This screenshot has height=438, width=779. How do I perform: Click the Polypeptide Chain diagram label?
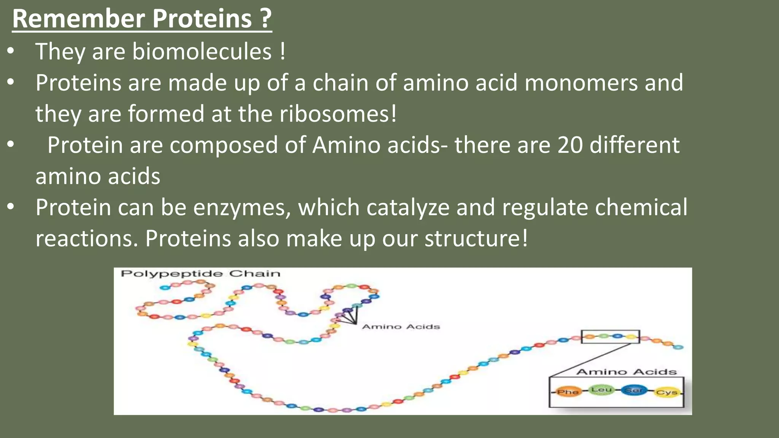coord(200,274)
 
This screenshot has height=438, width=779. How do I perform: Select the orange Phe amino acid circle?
coord(568,392)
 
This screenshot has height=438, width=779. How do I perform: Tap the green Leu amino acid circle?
coord(601,390)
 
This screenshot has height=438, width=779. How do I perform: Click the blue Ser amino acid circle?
coord(634,390)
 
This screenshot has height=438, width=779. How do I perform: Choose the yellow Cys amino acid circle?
coord(667,392)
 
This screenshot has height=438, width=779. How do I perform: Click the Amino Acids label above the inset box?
coord(626,372)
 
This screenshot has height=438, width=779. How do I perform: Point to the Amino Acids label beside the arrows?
coord(401,327)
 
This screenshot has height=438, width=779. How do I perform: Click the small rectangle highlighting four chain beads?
coord(610,336)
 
